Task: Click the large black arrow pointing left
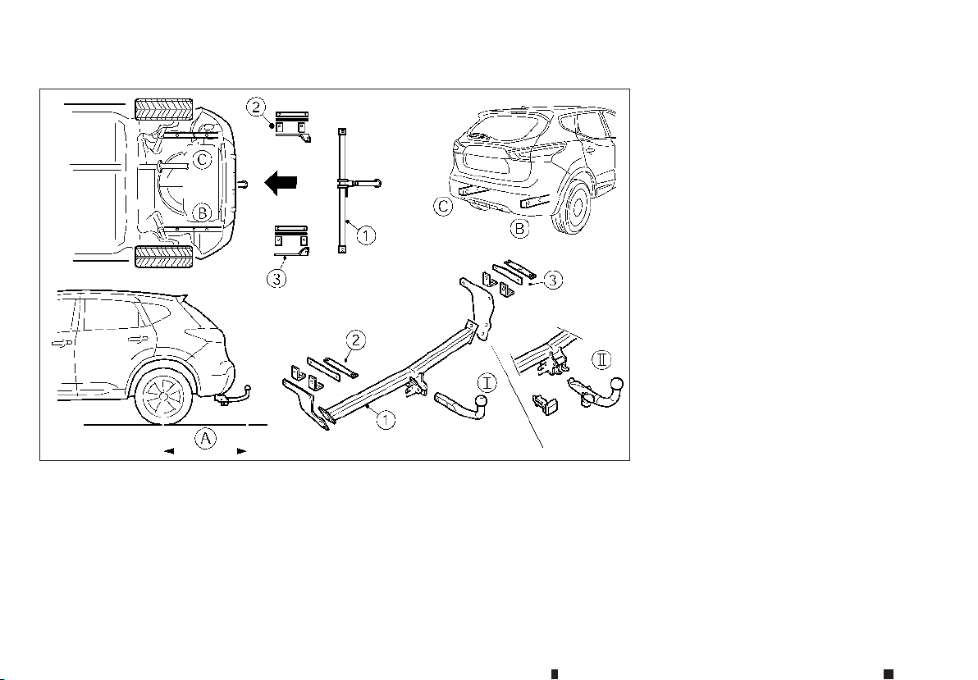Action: click(x=280, y=184)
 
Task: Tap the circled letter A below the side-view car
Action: click(x=205, y=439)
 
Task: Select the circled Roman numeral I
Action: click(x=487, y=381)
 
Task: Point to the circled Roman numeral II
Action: click(x=601, y=359)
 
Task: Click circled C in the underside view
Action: click(x=202, y=160)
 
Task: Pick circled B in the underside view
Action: click(x=202, y=212)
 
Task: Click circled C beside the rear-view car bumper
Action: click(x=443, y=206)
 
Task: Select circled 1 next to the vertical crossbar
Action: click(x=366, y=235)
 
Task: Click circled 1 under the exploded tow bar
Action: click(x=386, y=420)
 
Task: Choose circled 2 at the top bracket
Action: click(x=256, y=107)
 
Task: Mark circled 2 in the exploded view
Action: click(x=355, y=340)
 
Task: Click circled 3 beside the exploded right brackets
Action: click(x=553, y=280)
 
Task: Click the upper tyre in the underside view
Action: click(x=163, y=110)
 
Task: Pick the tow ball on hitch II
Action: click(x=616, y=383)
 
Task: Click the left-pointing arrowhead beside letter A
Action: click(x=168, y=450)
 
